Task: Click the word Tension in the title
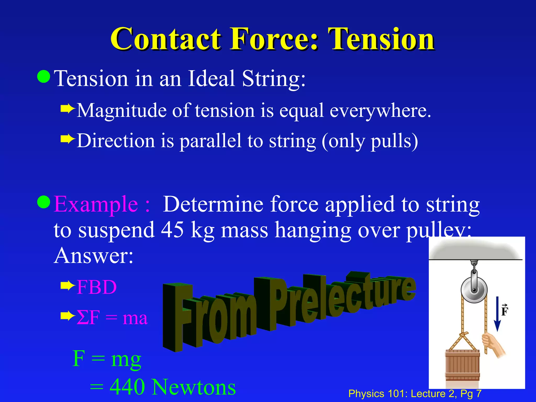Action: tap(382, 39)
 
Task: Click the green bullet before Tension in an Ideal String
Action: tap(44, 76)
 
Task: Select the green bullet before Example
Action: tap(44, 202)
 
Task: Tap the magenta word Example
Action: tap(96, 204)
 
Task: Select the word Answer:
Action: tap(93, 255)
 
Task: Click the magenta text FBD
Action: tap(97, 287)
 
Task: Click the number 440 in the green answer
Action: tap(127, 387)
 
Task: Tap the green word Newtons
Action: tap(194, 387)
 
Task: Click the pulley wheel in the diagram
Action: tap(474, 291)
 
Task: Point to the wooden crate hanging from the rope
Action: tap(462, 365)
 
